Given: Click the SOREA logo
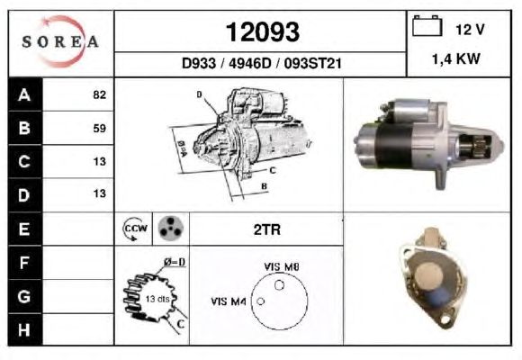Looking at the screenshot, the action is coord(60,41).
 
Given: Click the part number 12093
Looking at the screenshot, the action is coord(263,32).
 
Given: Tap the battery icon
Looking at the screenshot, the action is coord(427,25).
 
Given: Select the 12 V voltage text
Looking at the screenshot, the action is coord(470,30).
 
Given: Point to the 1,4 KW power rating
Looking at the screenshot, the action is coord(455,58).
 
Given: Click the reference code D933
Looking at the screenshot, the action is coord(199,63).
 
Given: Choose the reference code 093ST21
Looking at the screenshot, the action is coord(313,63).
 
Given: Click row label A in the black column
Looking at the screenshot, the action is coord(24,94).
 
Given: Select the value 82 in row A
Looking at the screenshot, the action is coord(100,94).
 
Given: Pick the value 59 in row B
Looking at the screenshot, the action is coord(100,128).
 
